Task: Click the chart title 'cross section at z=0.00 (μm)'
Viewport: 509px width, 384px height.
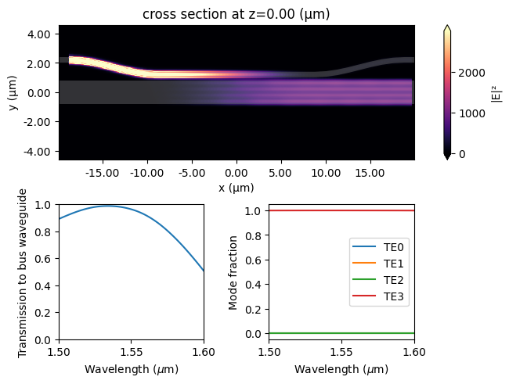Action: [x=236, y=13]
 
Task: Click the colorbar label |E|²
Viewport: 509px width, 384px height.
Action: [x=496, y=92]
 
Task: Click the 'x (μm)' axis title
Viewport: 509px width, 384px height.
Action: [x=236, y=188]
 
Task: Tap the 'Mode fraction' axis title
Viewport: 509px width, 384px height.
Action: [x=233, y=272]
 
